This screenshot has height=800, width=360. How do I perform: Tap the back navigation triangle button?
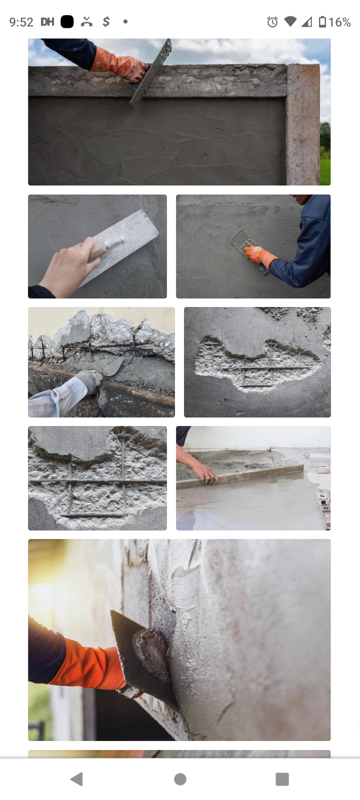(76, 779)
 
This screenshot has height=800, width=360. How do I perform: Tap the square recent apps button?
(282, 779)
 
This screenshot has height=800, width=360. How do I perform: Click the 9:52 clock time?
(21, 22)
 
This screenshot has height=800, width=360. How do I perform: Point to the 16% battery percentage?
(339, 22)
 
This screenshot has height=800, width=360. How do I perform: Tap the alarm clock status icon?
(272, 22)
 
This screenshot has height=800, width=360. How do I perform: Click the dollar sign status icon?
(106, 21)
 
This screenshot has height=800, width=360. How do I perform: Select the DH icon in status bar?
(47, 21)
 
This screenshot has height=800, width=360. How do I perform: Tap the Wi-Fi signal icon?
(290, 22)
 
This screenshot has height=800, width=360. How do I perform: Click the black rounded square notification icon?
(67, 21)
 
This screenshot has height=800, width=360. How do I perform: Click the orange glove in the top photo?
(118, 64)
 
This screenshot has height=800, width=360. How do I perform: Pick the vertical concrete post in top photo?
(303, 125)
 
